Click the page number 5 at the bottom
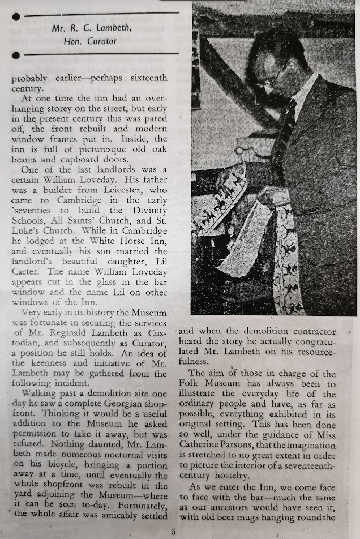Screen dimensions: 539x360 coord(174,532)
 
